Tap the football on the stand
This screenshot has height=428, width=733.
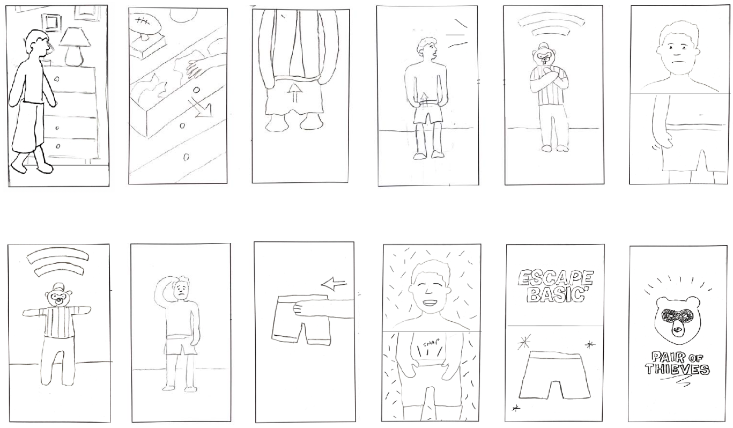tap(146, 24)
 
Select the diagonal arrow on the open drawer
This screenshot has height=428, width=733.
tap(200, 107)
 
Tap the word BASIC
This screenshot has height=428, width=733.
tap(556, 294)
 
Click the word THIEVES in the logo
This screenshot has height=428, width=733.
tap(677, 369)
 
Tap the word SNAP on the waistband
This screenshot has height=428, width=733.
tap(431, 344)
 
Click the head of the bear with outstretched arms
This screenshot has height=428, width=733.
tap(59, 295)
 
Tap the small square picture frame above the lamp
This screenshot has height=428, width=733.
tap(51, 22)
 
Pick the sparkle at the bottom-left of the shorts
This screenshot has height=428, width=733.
tap(516, 408)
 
